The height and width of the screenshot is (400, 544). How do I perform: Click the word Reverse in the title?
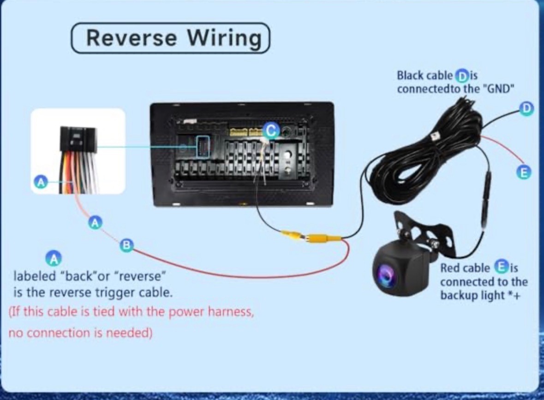point(131,37)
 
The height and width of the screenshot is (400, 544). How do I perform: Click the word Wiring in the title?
point(224,38)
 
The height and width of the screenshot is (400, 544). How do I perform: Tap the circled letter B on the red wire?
point(126,245)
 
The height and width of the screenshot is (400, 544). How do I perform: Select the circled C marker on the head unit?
point(271,131)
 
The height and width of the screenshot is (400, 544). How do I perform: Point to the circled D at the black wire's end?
point(526,108)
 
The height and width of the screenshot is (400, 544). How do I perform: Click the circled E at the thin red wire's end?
point(524,172)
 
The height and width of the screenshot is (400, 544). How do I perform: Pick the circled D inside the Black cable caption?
point(461,76)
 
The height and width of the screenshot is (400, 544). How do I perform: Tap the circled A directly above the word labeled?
point(54,258)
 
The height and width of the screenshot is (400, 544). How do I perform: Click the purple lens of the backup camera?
point(385,274)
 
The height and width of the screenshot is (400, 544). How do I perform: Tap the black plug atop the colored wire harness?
point(78,139)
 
